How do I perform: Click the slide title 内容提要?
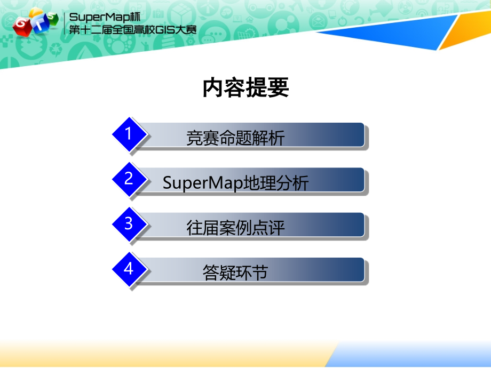(x=245, y=87)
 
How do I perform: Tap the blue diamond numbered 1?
(x=129, y=134)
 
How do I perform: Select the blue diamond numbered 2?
(x=129, y=179)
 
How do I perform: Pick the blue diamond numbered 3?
(x=129, y=224)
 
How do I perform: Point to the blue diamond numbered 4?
(x=129, y=269)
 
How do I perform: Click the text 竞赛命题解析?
(x=235, y=138)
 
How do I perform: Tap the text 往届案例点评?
(x=235, y=228)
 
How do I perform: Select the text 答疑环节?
(x=235, y=273)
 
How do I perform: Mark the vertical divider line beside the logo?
(x=65, y=23)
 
